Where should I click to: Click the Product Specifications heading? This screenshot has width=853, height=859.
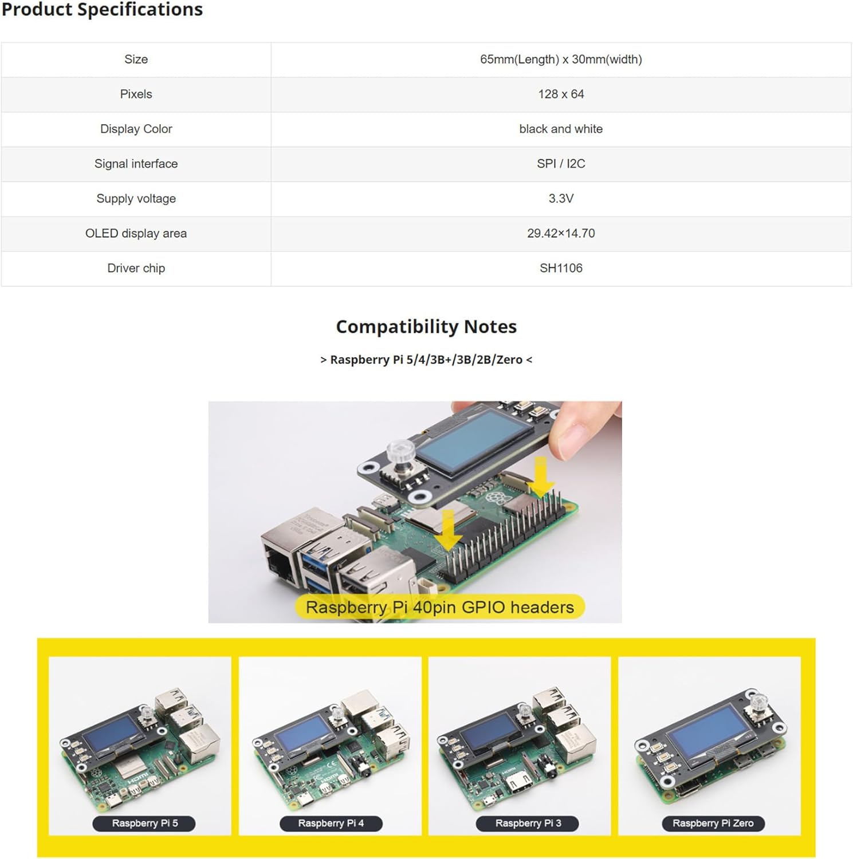click(x=102, y=9)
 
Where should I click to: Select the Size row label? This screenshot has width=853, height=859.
click(x=136, y=60)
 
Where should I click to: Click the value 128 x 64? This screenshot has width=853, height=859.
click(x=561, y=94)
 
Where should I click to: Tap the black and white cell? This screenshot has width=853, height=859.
click(x=561, y=129)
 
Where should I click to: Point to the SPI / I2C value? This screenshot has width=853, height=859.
click(x=561, y=164)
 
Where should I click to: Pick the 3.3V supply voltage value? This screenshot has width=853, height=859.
click(x=561, y=199)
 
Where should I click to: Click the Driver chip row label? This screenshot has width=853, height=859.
click(x=136, y=269)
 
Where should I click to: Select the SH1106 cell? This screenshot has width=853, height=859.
click(x=561, y=269)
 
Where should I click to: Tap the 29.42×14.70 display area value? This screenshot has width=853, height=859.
click(x=561, y=234)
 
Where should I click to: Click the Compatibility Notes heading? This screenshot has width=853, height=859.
click(x=426, y=326)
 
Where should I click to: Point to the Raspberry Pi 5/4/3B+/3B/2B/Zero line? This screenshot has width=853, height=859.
click(x=426, y=360)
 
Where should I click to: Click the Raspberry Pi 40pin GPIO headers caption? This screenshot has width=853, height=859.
click(x=439, y=607)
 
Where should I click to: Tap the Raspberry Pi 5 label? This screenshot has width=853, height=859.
click(x=145, y=823)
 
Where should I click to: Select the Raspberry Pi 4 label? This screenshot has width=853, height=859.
click(x=331, y=823)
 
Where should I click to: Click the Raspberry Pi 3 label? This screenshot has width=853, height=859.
click(x=528, y=823)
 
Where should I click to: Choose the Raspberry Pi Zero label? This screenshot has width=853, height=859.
click(x=713, y=823)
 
